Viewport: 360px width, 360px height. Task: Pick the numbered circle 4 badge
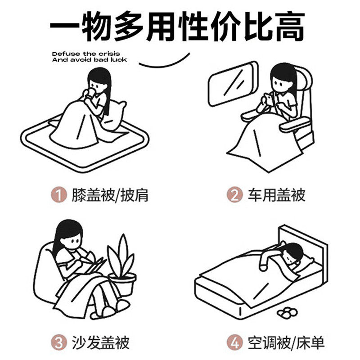click(234, 342)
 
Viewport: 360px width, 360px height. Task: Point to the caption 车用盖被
click(276, 195)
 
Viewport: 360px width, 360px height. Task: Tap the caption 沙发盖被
click(100, 342)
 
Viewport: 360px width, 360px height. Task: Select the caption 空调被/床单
click(286, 342)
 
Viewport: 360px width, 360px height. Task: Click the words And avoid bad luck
click(90, 59)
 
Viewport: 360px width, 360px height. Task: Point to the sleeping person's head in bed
click(293, 255)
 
